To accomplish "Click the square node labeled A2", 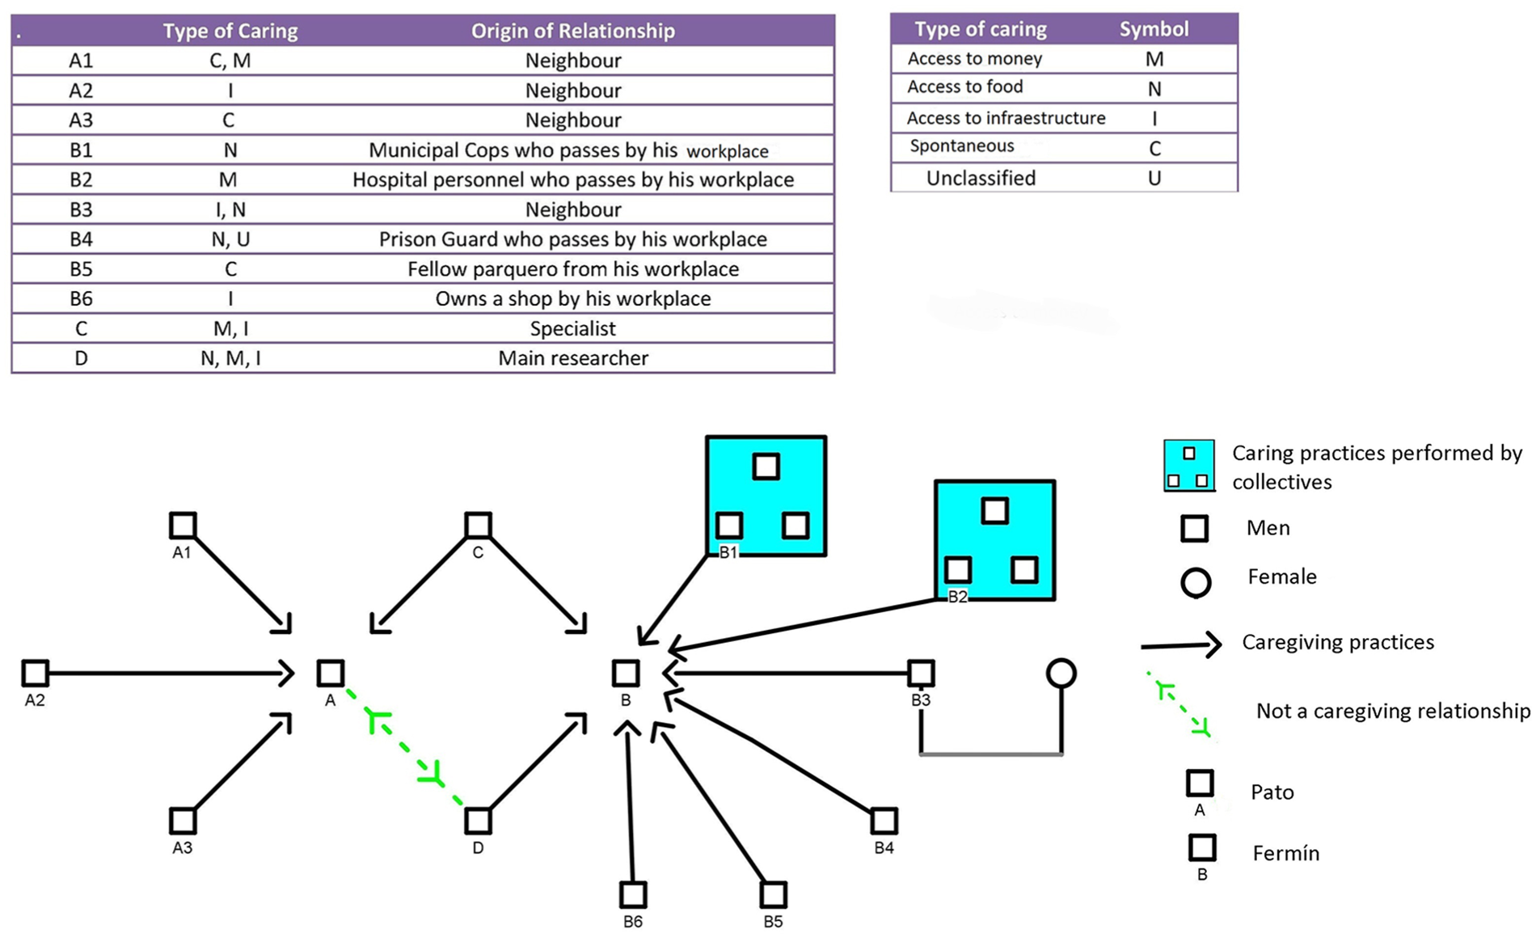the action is coord(35,672).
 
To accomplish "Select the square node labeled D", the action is coord(478,820).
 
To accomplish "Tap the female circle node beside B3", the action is coord(1061,673).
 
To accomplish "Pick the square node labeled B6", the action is coord(633,894).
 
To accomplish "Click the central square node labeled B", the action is coord(625,673).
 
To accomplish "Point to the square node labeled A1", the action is coord(183,525).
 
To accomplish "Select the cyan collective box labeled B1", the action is coord(766,496).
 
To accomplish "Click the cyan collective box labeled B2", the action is coord(994,540).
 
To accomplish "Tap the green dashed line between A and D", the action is coord(404,746).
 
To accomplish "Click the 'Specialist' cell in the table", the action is coord(572,328).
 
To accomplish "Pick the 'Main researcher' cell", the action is coord(572,358).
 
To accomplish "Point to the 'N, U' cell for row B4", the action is coord(230,239).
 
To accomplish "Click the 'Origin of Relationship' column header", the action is coord(572,31).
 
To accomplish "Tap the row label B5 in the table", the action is coord(81,269).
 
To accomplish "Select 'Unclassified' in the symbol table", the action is coord(981,178).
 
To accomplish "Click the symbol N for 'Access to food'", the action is coord(1154,89).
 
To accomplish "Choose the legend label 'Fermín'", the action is coord(1285,853).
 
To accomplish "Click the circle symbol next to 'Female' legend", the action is coord(1196,582).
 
